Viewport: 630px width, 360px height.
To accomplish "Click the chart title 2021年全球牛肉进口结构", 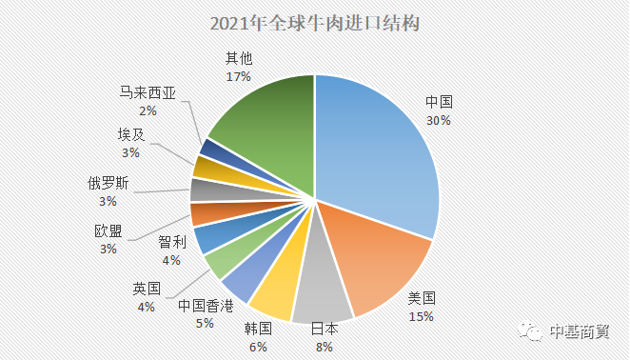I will (314, 22).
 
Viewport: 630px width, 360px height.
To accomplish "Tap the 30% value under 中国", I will (439, 121).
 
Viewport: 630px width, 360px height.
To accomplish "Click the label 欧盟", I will (108, 230).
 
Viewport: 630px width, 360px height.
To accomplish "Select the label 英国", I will (146, 289).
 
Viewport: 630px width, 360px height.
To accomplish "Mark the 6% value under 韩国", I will (258, 344).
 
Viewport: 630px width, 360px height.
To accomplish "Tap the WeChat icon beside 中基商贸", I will (531, 330).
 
